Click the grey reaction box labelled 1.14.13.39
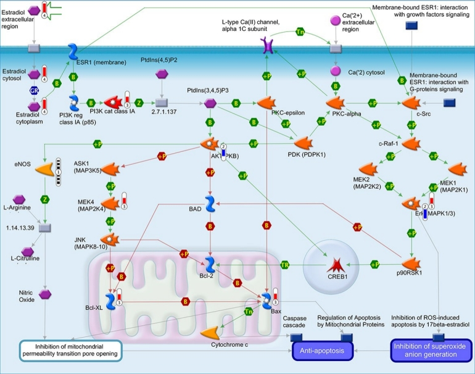click(44, 228)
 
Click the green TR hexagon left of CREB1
click(286, 265)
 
